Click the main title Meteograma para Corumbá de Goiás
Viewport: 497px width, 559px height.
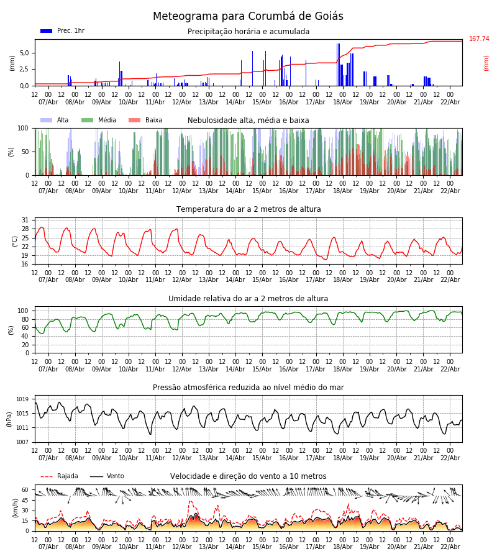(x=248, y=17)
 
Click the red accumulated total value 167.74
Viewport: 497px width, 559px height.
(x=479, y=39)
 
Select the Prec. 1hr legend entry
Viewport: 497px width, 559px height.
(x=62, y=31)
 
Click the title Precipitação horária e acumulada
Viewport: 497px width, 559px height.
(x=248, y=32)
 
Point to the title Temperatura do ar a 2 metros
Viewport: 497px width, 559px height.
(x=248, y=209)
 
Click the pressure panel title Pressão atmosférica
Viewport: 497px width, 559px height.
(x=248, y=388)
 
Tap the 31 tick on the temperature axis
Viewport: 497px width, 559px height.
(x=25, y=220)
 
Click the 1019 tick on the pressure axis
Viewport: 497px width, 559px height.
(x=22, y=399)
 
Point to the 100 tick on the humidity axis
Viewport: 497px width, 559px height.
(x=23, y=311)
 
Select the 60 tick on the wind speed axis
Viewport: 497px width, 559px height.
(x=25, y=489)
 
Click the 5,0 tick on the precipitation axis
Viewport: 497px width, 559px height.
(x=24, y=53)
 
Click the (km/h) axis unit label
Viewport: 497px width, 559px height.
(x=15, y=508)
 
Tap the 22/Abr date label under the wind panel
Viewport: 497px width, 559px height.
(x=450, y=547)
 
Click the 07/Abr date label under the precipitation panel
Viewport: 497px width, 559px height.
(x=48, y=102)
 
